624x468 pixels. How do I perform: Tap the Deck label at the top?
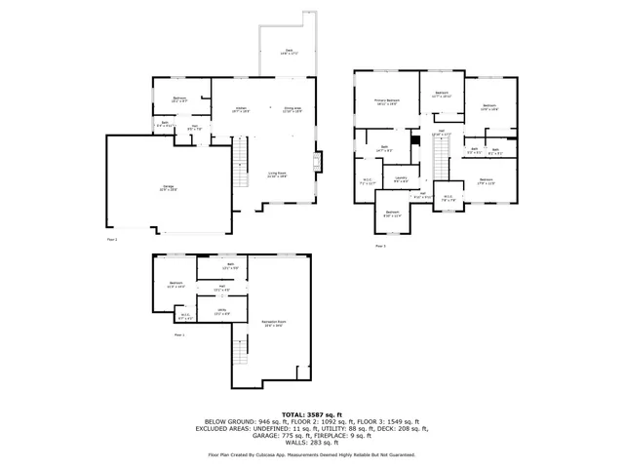click(289, 52)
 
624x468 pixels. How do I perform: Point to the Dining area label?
click(292, 110)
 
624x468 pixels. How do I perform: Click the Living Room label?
click(277, 175)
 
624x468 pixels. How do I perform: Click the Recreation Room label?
click(273, 323)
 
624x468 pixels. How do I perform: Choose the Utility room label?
click(221, 311)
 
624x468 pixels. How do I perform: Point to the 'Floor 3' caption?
click(380, 246)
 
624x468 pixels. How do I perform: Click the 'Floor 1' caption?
click(179, 334)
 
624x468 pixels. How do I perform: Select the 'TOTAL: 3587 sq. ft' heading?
click(312, 413)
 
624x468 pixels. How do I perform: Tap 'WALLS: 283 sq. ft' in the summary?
click(312, 445)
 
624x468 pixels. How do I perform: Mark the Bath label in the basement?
click(231, 265)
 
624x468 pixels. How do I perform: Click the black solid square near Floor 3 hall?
click(415, 140)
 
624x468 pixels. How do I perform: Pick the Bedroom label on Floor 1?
click(175, 287)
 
